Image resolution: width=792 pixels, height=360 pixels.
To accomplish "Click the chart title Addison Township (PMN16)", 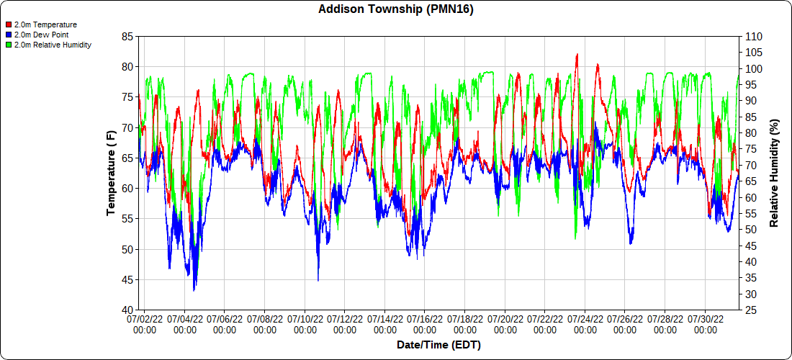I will click(x=396, y=9).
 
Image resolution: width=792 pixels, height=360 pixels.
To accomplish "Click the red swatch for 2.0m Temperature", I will click(x=8, y=24).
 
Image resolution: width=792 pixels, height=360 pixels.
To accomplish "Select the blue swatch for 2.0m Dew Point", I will click(x=8, y=35).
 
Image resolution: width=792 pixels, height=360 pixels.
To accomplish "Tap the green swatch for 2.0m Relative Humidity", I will click(x=8, y=45).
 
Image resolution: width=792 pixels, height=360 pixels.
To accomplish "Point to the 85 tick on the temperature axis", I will click(x=127, y=37).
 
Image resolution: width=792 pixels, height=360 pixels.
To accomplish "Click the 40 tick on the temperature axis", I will click(x=127, y=310).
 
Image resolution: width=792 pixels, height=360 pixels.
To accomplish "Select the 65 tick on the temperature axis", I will click(x=127, y=158).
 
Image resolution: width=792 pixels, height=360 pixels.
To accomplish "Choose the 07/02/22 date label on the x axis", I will click(x=145, y=323).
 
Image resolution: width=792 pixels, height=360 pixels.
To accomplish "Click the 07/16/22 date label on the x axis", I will click(x=425, y=323).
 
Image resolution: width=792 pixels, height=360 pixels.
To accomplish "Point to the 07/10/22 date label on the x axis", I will click(x=305, y=323).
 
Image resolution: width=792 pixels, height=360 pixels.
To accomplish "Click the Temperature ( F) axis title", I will click(x=111, y=173).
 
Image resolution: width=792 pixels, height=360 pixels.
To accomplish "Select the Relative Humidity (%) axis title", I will click(x=775, y=173).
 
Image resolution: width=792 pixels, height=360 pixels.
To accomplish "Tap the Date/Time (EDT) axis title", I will click(x=438, y=345).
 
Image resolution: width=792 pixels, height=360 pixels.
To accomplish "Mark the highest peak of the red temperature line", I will click(x=577, y=54).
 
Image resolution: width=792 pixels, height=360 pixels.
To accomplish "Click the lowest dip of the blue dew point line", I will click(x=194, y=290).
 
